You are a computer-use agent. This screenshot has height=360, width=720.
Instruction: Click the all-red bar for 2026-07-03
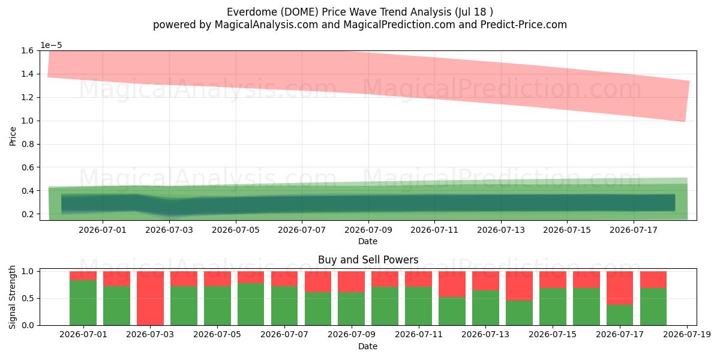pos(150,298)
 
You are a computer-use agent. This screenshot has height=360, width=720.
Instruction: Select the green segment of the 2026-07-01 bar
pos(83,302)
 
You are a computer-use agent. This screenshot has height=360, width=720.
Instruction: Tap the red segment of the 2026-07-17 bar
pos(620,287)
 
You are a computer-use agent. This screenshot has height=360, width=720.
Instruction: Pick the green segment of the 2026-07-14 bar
pos(519,313)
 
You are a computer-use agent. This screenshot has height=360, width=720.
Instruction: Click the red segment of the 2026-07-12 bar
pos(452,284)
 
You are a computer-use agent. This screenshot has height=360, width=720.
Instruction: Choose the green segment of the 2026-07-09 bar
pos(352,308)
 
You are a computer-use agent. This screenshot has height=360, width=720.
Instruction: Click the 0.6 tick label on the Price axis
pos(27,167)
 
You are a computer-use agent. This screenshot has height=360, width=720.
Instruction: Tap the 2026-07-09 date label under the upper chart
pos(368,230)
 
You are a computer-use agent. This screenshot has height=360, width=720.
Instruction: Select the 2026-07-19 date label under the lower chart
pos(687,335)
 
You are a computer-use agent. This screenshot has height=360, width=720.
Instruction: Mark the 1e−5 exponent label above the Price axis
pos(51,46)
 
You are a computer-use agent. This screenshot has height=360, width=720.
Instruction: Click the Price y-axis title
pos(13,136)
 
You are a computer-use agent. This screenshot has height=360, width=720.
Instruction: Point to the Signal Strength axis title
pos(12,298)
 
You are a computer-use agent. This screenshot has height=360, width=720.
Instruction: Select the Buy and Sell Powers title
pos(368,260)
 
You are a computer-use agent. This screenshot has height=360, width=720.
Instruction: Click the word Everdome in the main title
pos(251,12)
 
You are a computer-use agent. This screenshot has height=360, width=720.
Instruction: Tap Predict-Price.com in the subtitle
pos(524,25)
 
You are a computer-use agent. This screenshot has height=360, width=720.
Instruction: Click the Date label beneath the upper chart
pos(368,241)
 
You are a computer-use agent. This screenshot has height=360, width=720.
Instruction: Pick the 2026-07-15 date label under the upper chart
pos(567,230)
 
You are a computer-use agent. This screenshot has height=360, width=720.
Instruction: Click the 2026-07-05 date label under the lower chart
pos(217,335)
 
